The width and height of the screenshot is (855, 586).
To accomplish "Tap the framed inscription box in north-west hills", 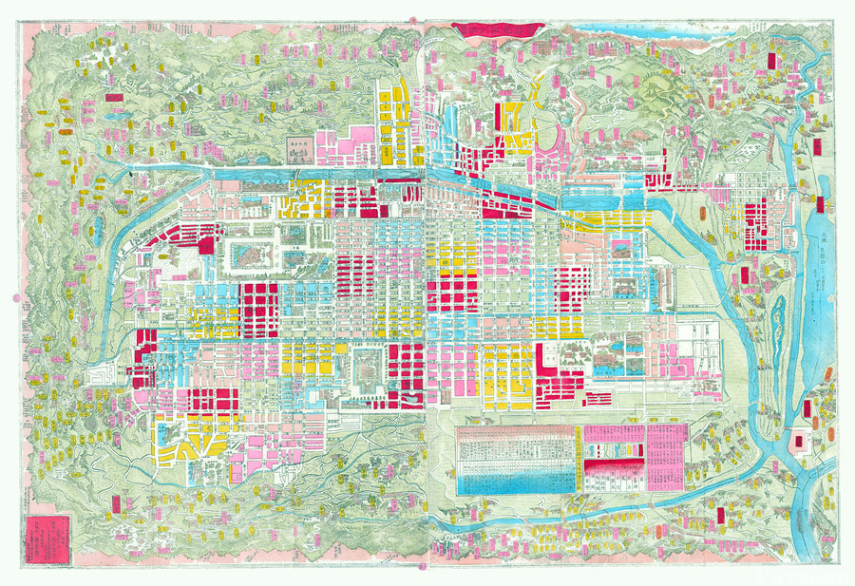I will tap(301, 148).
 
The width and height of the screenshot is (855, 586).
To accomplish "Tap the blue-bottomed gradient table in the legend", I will tap(517, 460).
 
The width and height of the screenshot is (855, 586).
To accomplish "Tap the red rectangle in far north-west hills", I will tap(114, 97).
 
